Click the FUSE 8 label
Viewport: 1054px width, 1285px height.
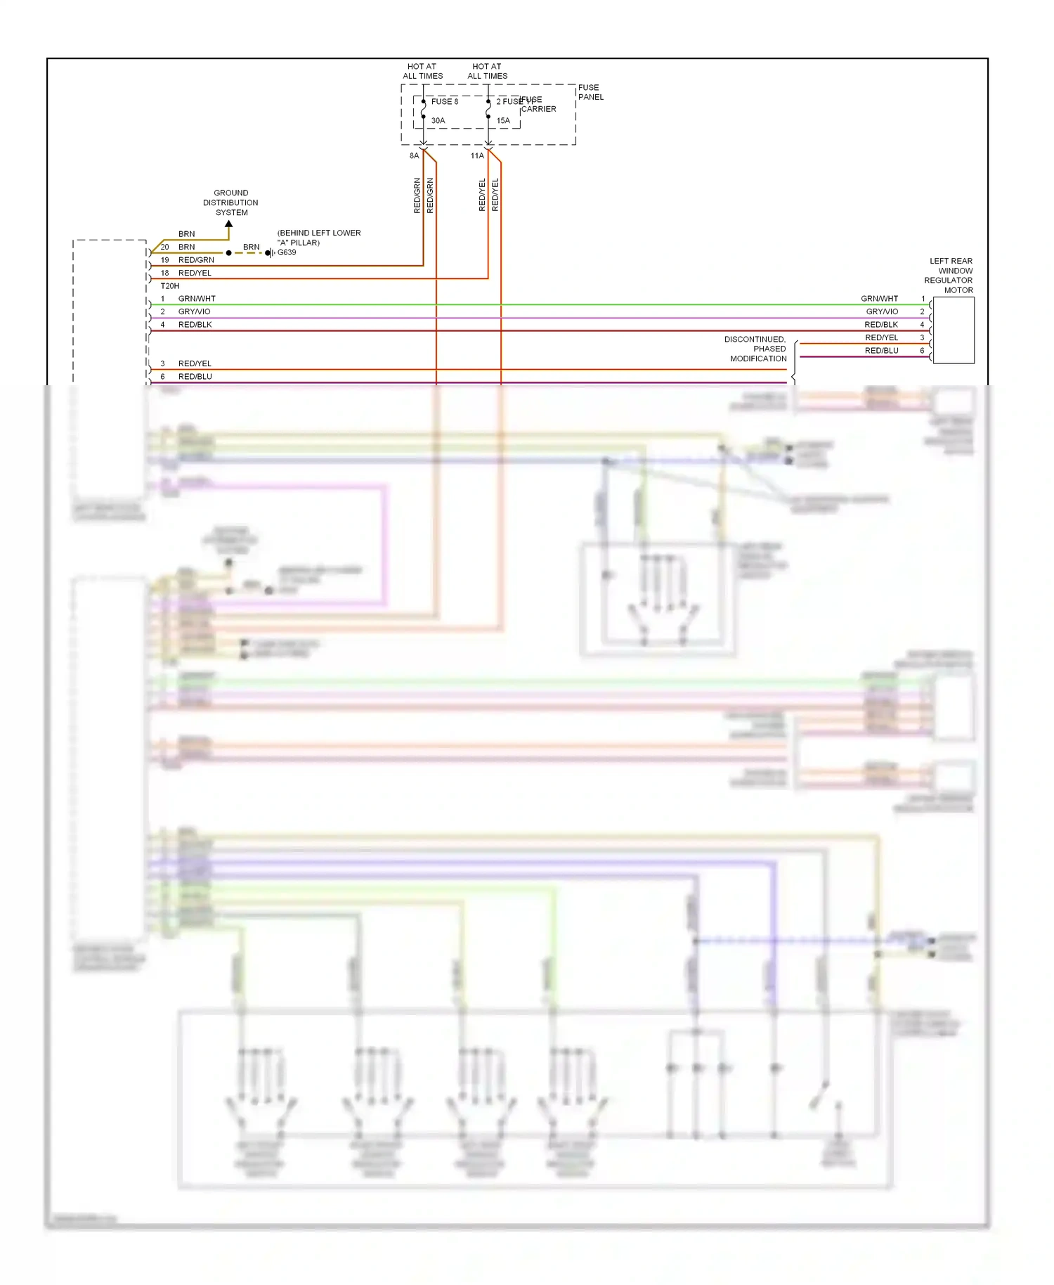(444, 102)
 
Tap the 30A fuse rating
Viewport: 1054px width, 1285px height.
(438, 121)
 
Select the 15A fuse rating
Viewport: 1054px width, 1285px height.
(503, 121)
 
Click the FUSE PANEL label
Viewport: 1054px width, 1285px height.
(590, 93)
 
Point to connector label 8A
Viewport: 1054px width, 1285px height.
(414, 156)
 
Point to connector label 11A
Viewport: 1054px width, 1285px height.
(476, 156)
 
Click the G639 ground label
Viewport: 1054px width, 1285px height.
(287, 252)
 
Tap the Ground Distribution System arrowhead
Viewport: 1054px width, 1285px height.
(228, 224)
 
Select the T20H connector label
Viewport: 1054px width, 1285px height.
(170, 286)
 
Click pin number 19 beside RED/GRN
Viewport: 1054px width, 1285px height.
(164, 260)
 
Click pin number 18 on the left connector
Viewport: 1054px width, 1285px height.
(164, 273)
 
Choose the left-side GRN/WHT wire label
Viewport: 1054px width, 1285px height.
(197, 299)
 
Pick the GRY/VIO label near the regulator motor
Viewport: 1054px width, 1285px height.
(882, 311)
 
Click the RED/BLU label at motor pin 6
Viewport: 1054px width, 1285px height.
(881, 351)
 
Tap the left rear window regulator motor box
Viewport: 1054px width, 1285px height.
(954, 330)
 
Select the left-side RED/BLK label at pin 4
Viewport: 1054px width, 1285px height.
(195, 325)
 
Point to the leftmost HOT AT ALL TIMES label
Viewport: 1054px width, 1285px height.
(422, 71)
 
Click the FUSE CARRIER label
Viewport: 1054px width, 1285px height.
(538, 105)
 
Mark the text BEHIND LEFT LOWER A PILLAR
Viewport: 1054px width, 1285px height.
(318, 238)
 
